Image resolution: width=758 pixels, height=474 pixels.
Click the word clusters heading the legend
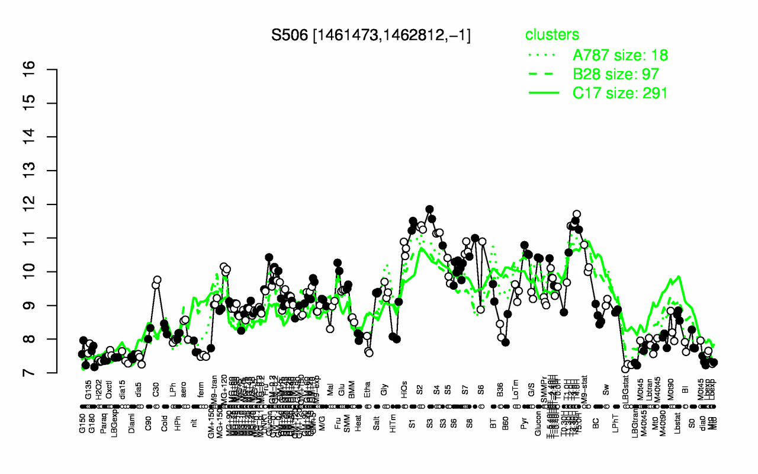(x=552, y=34)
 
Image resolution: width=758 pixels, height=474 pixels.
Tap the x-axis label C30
(x=157, y=392)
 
